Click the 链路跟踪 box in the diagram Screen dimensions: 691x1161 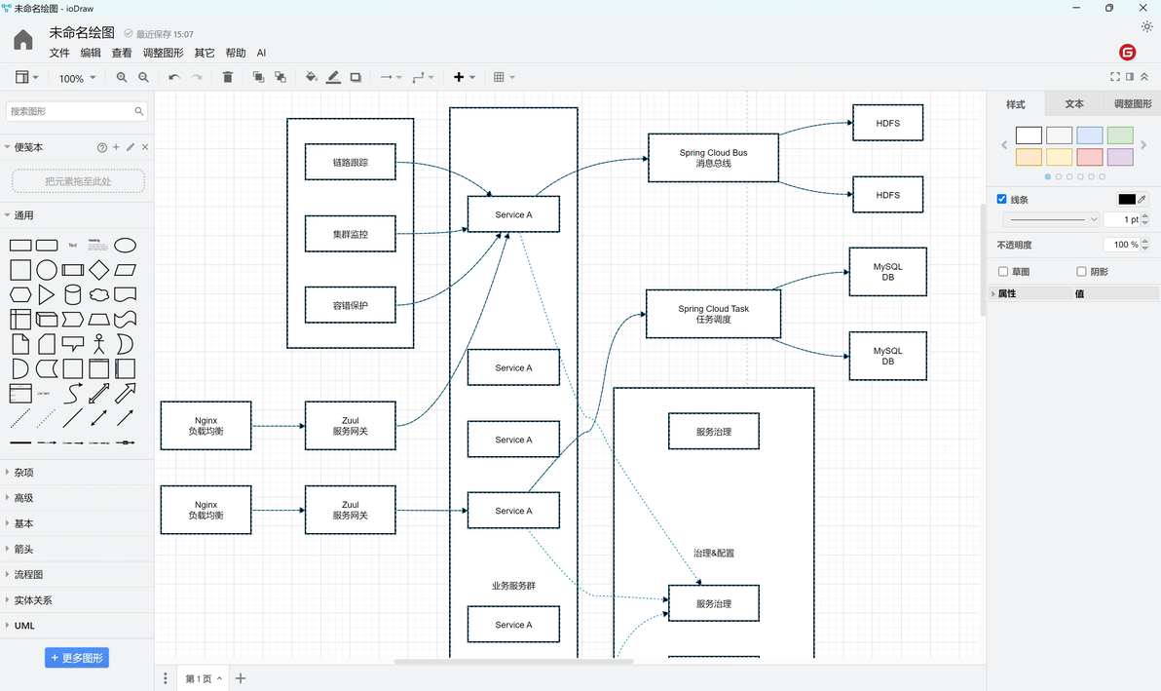350,162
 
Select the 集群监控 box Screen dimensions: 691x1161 350,234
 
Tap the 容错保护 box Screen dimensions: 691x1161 350,305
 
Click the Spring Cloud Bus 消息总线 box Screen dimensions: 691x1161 713,158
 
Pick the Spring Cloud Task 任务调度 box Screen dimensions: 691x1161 713,314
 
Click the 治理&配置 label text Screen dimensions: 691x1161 713,553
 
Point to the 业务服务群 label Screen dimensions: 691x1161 513,586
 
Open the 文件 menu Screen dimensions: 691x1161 59,53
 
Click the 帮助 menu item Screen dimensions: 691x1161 236,53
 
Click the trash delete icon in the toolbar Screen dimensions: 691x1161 228,77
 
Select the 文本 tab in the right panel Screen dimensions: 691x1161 1074,104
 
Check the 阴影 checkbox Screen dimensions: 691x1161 1081,272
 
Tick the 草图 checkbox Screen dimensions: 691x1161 1003,272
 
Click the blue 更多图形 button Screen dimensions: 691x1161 77,658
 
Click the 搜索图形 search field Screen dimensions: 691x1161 70,112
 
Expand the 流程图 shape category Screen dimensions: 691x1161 28,575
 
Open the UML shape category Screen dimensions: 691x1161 24,626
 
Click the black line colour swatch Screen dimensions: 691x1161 1127,199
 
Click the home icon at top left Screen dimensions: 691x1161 23,40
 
